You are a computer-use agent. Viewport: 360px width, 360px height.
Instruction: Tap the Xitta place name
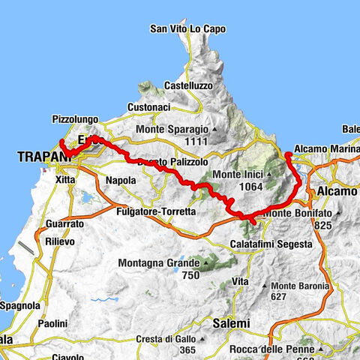[x=66, y=181]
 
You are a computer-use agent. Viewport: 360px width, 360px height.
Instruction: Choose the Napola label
[x=121, y=181]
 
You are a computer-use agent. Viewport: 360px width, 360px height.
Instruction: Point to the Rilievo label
[x=53, y=241]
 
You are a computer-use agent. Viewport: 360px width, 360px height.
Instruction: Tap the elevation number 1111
[x=193, y=142]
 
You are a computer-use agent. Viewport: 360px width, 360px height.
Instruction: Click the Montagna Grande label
[x=159, y=263]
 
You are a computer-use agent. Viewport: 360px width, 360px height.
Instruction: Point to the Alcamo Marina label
[x=325, y=148]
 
